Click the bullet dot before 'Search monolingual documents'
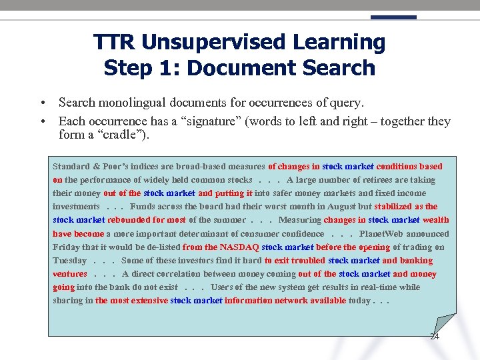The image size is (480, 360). (x=42, y=103)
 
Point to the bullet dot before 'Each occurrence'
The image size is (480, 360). (x=42, y=122)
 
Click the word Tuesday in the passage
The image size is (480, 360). (x=69, y=261)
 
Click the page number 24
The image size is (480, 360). (x=434, y=336)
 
